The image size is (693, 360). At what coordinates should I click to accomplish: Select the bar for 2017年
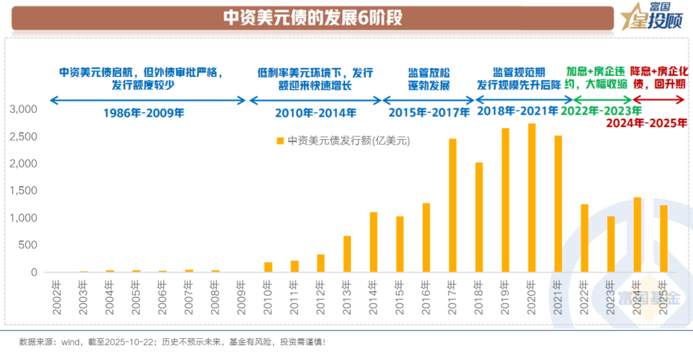pyautogui.click(x=452, y=205)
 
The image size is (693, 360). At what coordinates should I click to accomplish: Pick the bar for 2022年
pyautogui.click(x=585, y=238)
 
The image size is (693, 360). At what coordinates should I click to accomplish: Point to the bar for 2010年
pyautogui.click(x=268, y=267)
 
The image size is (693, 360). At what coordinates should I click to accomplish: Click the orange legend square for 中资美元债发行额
pyautogui.click(x=280, y=141)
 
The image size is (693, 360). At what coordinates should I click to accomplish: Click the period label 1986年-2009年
pyautogui.click(x=144, y=113)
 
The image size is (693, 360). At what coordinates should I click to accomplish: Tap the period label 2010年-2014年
pyautogui.click(x=316, y=113)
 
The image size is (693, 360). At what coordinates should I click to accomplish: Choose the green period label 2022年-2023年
pyautogui.click(x=601, y=110)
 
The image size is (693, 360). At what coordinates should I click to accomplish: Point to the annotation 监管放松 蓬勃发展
pyautogui.click(x=429, y=79)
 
